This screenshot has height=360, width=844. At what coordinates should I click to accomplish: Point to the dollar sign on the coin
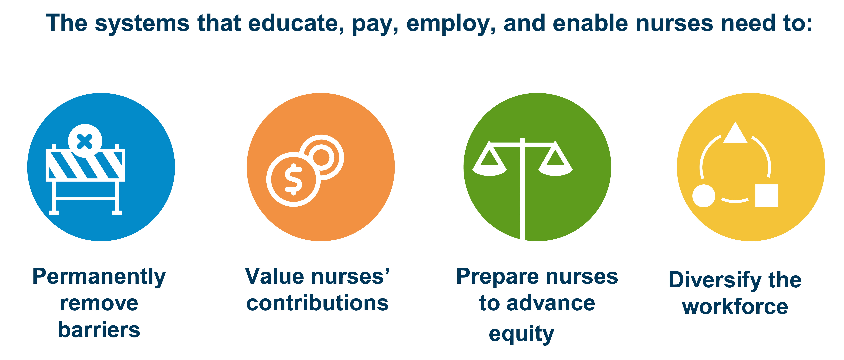[x=293, y=179]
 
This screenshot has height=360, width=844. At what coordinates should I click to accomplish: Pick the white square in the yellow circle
[x=767, y=196]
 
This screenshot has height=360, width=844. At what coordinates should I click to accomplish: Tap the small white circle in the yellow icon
[x=704, y=196]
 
